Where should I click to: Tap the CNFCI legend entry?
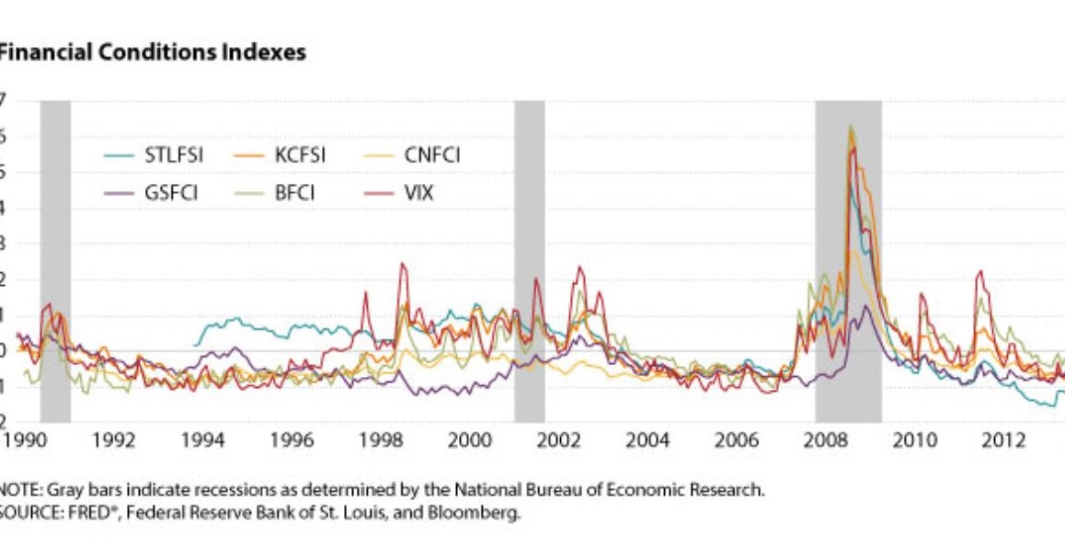coord(431,155)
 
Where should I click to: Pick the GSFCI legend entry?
coord(171,193)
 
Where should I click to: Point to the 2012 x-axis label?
coord(1003,440)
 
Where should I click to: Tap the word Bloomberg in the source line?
coord(484,513)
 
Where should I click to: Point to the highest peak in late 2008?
coord(851,127)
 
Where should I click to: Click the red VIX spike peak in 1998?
coord(402,265)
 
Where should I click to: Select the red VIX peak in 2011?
coord(979,272)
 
